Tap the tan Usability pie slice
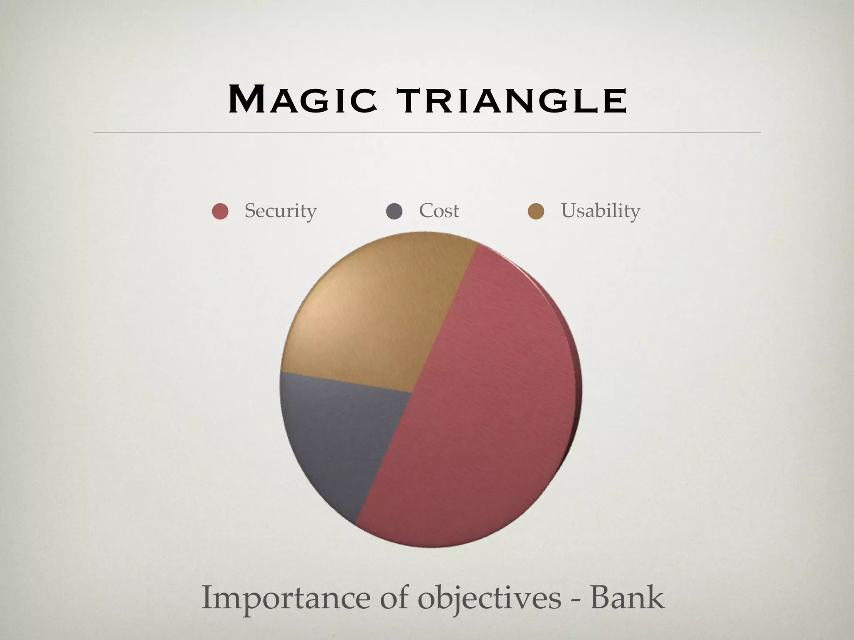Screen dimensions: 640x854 click(375, 317)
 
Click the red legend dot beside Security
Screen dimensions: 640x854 click(220, 211)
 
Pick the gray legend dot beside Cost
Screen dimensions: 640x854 click(394, 211)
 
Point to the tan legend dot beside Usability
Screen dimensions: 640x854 click(536, 211)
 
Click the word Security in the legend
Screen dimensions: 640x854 click(280, 211)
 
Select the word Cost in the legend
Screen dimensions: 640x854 click(439, 211)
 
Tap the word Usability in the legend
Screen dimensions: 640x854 click(600, 211)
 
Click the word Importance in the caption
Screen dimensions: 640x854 click(286, 598)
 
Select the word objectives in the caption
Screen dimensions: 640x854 click(490, 598)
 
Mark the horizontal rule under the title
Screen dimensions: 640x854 click(427, 132)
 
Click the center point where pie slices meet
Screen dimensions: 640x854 click(412, 392)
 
